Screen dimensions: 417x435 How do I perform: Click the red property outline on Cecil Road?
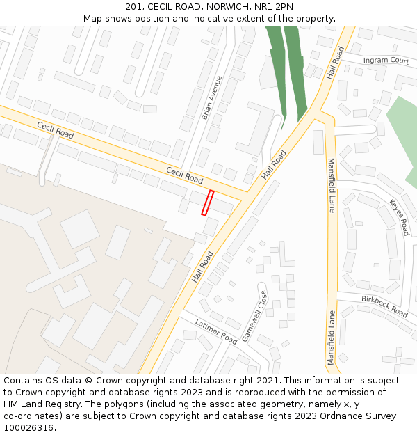click(x=207, y=203)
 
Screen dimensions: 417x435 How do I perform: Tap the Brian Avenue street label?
click(x=212, y=97)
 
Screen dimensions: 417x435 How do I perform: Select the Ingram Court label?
click(x=386, y=61)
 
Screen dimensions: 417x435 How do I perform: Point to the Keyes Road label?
click(x=399, y=217)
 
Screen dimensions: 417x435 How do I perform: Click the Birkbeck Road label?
click(x=384, y=306)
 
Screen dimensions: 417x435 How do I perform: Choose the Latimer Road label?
click(x=216, y=332)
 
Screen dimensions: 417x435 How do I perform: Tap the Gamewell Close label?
click(x=254, y=315)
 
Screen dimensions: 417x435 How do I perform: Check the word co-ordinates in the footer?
click(x=32, y=416)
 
